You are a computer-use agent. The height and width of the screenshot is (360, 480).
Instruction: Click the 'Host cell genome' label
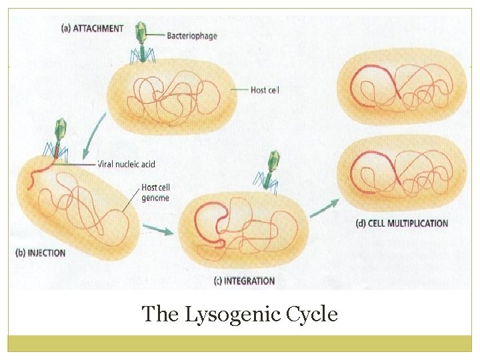point(155,193)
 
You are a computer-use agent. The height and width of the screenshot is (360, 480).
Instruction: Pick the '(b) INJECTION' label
point(40,253)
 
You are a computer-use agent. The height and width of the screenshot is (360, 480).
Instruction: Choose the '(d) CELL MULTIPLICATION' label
point(402,223)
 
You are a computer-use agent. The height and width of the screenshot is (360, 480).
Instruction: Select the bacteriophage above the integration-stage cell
point(271,170)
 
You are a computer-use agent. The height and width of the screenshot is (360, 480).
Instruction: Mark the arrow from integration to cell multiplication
point(323,207)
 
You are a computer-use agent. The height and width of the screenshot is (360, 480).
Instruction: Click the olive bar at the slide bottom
point(240,343)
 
